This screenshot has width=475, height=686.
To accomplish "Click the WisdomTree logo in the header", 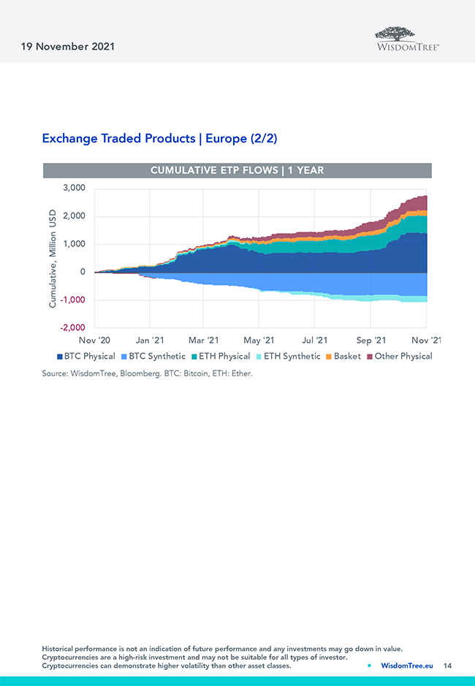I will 407,38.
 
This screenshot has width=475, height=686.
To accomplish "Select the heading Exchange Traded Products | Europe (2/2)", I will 159,138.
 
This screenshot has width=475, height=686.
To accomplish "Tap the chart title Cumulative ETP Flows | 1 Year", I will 237,170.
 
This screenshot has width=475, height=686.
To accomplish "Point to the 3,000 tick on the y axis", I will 74,188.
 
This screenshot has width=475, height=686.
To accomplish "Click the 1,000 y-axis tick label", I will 74,244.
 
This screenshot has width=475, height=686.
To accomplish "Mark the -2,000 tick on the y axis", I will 72,328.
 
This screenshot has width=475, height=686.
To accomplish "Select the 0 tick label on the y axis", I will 83,272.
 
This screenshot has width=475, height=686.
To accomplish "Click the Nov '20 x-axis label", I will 94,340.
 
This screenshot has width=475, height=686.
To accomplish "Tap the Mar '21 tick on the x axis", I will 204,340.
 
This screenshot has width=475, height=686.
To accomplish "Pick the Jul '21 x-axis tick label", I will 314,340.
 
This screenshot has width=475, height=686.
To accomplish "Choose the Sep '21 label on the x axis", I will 370,340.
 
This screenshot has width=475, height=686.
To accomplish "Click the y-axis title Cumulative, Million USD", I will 53,258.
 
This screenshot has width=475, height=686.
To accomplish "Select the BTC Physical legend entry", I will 86,357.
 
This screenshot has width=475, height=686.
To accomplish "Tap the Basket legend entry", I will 343,357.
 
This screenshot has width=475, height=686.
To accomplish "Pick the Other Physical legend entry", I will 399,357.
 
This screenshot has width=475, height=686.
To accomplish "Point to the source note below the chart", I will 147,373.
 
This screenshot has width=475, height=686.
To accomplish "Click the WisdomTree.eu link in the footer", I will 407,666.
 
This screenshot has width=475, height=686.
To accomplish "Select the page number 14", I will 447,666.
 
